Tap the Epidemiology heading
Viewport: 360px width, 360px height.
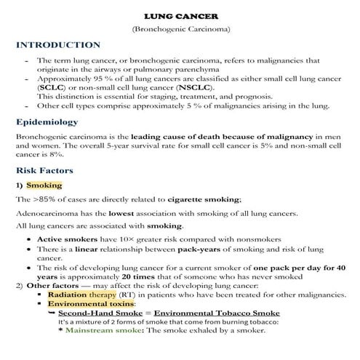pos(47,122)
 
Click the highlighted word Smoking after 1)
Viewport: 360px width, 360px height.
pos(44,185)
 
